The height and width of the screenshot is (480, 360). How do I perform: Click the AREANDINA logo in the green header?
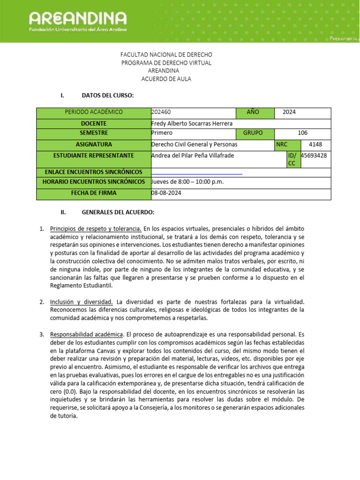78,19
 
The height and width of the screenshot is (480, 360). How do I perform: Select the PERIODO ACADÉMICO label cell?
93,112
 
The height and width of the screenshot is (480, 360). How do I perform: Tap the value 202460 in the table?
161,112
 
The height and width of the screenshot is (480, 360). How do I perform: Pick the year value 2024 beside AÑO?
289,112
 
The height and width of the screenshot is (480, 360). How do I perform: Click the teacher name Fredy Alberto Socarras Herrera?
192,123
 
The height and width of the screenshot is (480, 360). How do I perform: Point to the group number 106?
302,133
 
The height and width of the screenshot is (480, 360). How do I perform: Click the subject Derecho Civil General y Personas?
194,145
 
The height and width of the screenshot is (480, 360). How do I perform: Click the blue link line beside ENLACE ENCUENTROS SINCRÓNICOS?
197,173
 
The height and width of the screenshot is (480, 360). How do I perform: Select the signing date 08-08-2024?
166,193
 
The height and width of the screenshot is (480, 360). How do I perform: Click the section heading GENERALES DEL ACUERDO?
118,213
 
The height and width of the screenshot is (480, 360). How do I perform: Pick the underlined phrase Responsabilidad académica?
87,335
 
